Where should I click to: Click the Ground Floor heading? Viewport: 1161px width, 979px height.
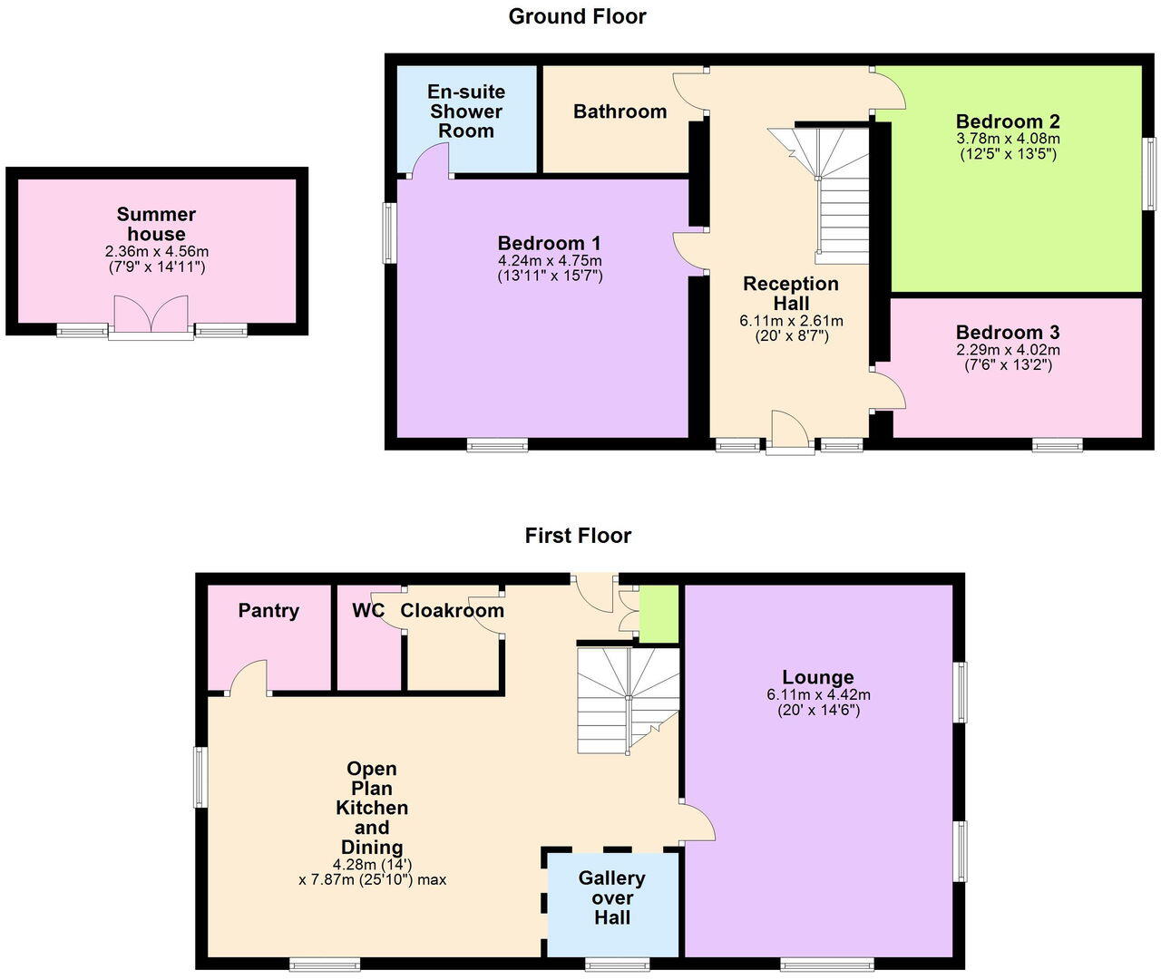click(x=577, y=16)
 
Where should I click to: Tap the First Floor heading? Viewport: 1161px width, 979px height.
click(x=578, y=536)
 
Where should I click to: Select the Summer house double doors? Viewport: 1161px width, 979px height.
click(x=151, y=315)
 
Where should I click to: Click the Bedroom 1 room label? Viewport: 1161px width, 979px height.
click(x=549, y=243)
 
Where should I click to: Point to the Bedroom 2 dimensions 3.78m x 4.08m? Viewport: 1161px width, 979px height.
click(x=1008, y=140)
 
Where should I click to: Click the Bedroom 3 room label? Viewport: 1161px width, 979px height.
click(x=1007, y=333)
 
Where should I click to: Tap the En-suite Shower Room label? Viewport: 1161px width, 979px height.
click(x=466, y=111)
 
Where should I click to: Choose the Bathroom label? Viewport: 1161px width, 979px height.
click(x=620, y=111)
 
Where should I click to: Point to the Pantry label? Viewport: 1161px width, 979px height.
click(x=268, y=611)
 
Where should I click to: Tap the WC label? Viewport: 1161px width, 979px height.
click(x=368, y=611)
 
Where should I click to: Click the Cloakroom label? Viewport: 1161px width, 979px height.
click(x=452, y=611)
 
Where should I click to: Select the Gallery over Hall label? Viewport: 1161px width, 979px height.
click(x=611, y=897)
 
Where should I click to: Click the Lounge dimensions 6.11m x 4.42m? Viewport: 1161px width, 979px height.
click(x=818, y=695)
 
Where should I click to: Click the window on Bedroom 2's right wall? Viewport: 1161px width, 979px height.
click(x=1149, y=174)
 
